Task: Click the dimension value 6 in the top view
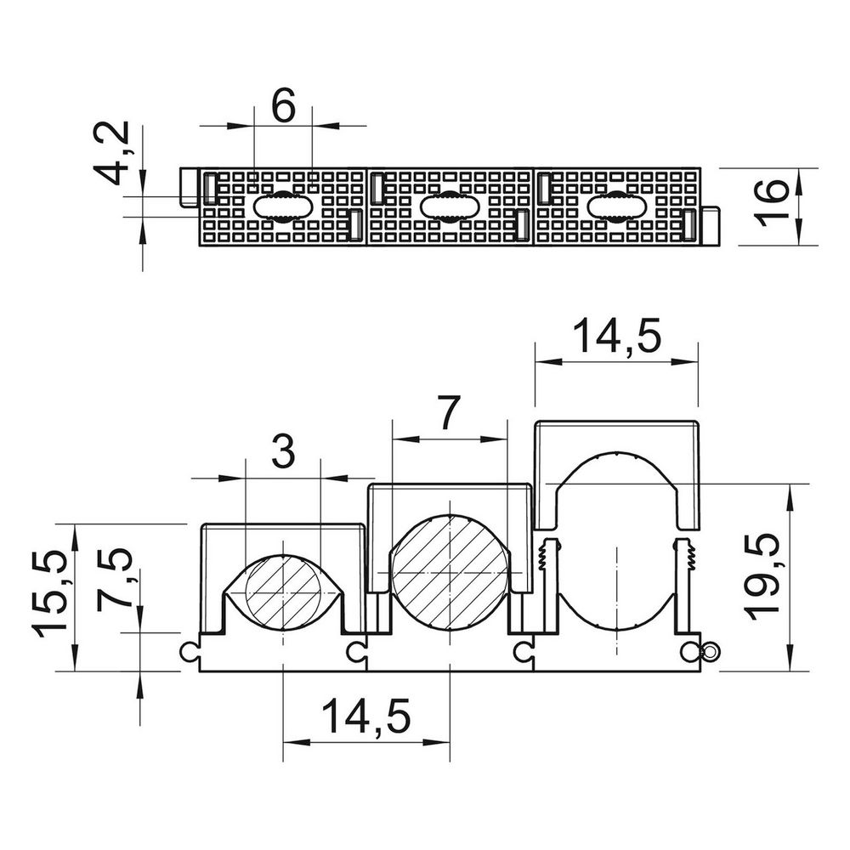click(x=284, y=105)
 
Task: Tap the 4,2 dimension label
click(x=111, y=153)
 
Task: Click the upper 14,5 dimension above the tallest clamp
click(x=617, y=337)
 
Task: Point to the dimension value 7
click(x=448, y=413)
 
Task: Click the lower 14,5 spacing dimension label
click(x=366, y=716)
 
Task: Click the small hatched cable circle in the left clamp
click(x=284, y=593)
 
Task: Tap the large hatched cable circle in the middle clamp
click(x=450, y=572)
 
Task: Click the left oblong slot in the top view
click(x=282, y=207)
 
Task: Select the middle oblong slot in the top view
click(x=450, y=207)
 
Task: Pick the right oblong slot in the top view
click(x=617, y=207)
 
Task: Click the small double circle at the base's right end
click(x=710, y=651)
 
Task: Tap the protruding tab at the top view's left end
click(x=190, y=187)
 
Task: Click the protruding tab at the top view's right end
click(x=710, y=225)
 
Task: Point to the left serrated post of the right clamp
click(x=550, y=586)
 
